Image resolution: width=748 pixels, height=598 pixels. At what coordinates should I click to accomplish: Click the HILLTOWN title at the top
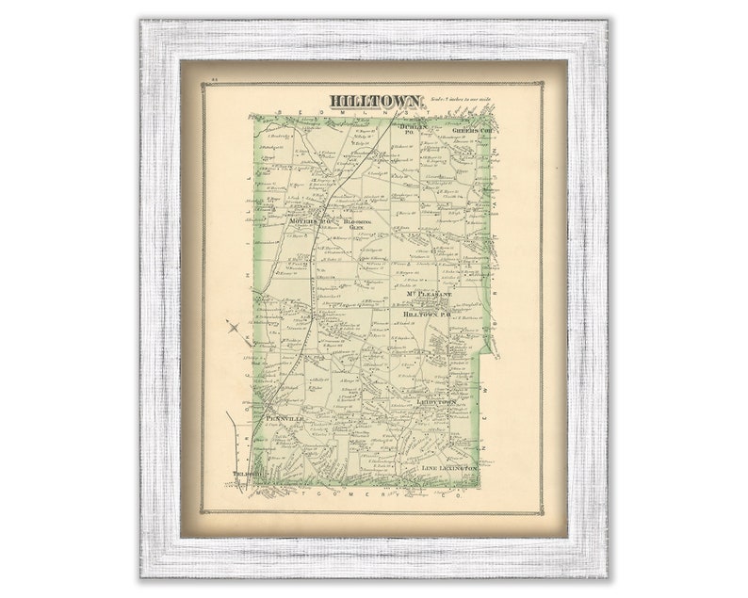pyautogui.click(x=374, y=101)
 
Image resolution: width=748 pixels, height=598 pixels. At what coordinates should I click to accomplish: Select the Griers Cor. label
pyautogui.click(x=474, y=129)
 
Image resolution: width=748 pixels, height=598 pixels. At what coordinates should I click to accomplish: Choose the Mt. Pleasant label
pyautogui.click(x=430, y=295)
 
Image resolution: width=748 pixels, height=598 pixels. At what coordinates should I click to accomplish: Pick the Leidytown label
pyautogui.click(x=436, y=401)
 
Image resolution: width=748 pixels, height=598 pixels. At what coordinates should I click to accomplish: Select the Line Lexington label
pyautogui.click(x=450, y=467)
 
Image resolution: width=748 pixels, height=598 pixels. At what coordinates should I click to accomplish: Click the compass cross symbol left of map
pyautogui.click(x=234, y=328)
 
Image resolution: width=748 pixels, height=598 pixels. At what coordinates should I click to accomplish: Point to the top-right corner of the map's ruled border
pyautogui.click(x=544, y=83)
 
